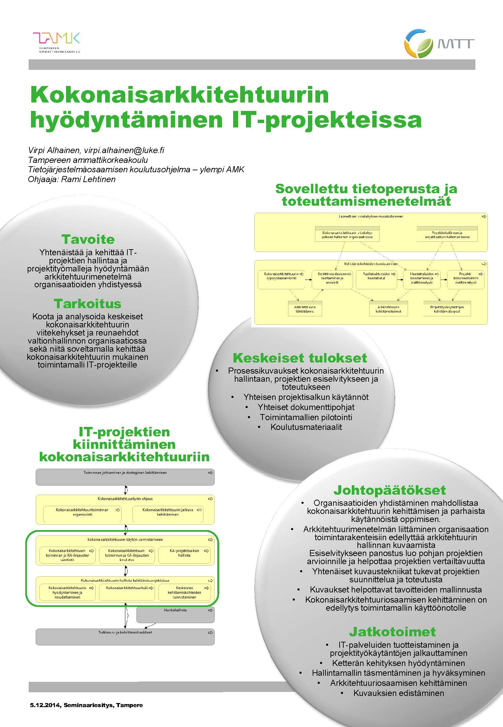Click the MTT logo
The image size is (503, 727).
tap(439, 43)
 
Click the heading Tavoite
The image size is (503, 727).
tap(88, 239)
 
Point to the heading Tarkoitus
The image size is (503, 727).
tap(88, 304)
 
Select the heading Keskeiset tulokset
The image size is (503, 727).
tap(300, 358)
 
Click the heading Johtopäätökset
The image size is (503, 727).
tap(389, 490)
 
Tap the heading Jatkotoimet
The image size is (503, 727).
tap(392, 632)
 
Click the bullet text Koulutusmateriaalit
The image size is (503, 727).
tap(306, 427)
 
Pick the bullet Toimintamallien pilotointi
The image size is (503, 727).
tap(306, 417)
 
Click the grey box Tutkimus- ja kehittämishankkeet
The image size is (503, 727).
tap(125, 637)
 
